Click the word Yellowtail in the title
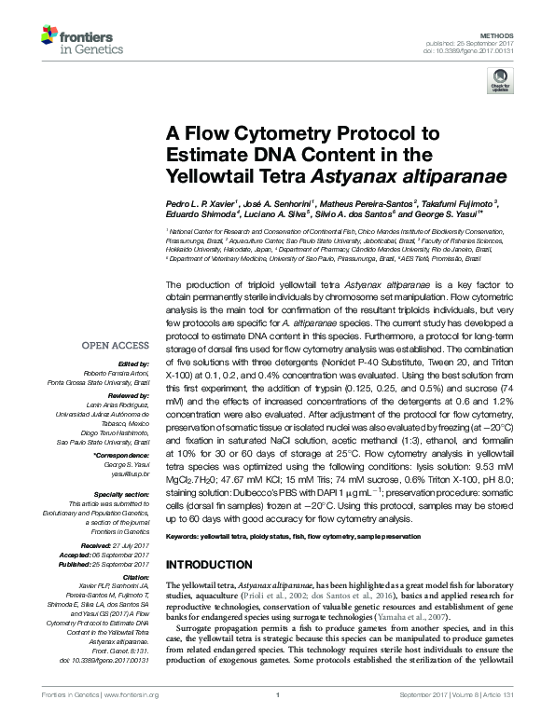pos(210,174)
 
